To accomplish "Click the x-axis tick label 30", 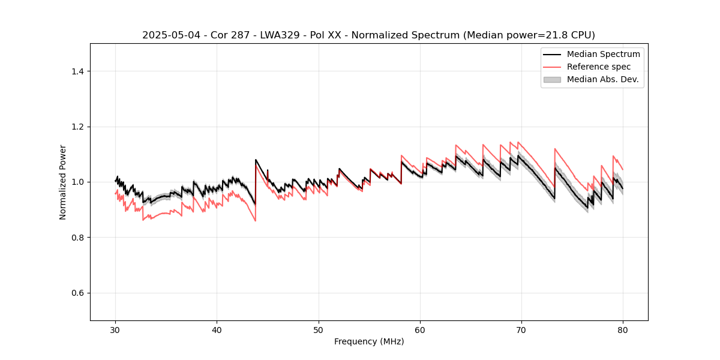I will click(x=115, y=329).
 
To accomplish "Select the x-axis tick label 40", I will click(x=217, y=329).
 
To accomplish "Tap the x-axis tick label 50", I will click(x=318, y=329).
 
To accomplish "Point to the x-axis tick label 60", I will click(x=420, y=329).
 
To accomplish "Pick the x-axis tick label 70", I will click(x=521, y=329).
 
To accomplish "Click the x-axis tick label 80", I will click(x=623, y=329).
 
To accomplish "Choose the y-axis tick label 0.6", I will click(x=77, y=293).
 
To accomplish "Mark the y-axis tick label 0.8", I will click(x=77, y=238).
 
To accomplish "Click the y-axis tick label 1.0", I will click(x=77, y=182).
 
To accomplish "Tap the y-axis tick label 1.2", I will click(x=77, y=127).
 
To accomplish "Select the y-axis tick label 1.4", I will click(x=77, y=71).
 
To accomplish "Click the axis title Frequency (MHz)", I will click(x=369, y=341).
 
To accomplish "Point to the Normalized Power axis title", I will click(x=63, y=182).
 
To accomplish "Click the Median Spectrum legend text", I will click(x=603, y=54).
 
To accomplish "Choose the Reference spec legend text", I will click(x=599, y=67).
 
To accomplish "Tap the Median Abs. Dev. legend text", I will click(x=603, y=79).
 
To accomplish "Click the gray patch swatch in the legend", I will click(x=552, y=79).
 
